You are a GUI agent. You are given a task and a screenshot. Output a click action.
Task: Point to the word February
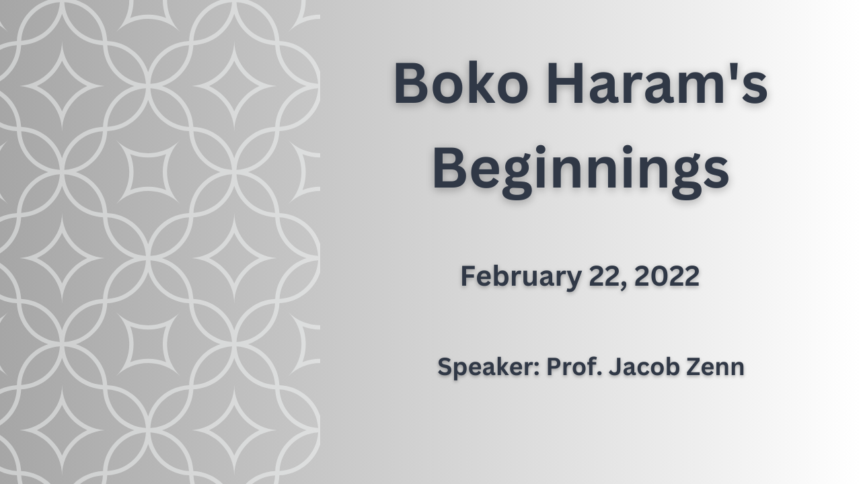[x=521, y=277]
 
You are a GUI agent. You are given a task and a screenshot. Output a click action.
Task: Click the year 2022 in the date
[x=667, y=276]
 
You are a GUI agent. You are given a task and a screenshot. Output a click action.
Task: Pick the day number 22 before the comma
[x=605, y=276]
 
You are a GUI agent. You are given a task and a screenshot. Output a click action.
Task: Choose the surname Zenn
[x=716, y=367]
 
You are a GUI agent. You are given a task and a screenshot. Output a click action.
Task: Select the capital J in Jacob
[x=615, y=367]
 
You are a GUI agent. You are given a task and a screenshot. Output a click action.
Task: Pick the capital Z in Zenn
[x=695, y=367]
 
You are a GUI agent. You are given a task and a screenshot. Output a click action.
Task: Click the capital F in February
[x=468, y=276]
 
